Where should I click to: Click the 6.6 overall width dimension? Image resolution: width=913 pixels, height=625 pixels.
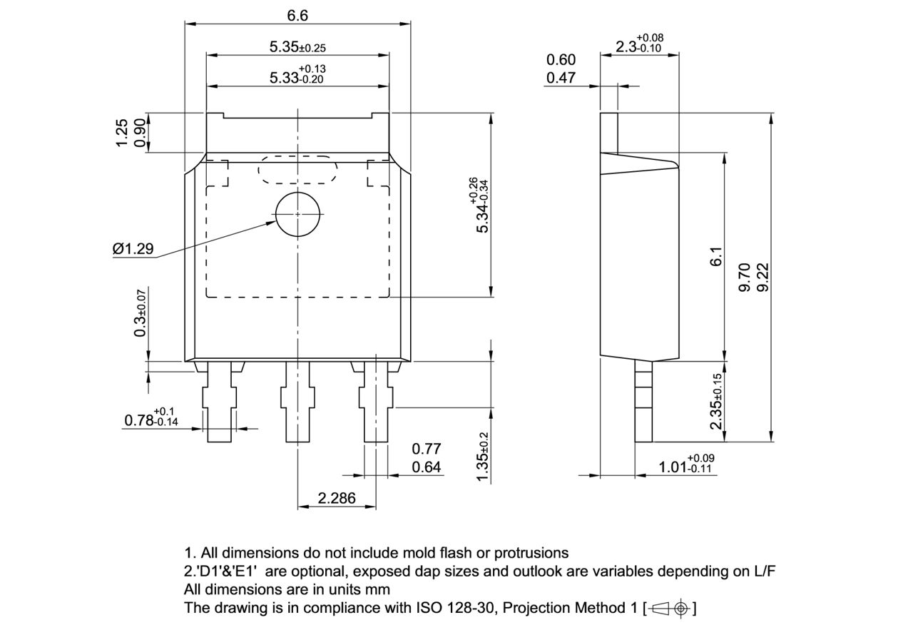click(x=297, y=15)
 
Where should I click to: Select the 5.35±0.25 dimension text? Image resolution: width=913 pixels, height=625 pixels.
click(x=297, y=47)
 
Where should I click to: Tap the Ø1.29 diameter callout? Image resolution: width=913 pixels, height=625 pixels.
click(x=133, y=249)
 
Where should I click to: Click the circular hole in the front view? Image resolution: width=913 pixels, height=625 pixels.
click(x=299, y=214)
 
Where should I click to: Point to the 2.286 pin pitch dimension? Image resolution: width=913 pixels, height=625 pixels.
click(x=337, y=498)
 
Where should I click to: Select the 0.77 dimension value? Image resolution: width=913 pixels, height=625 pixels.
click(x=427, y=449)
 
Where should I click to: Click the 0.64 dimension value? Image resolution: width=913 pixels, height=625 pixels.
click(x=427, y=467)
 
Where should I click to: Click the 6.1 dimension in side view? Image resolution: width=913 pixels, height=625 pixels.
click(x=716, y=257)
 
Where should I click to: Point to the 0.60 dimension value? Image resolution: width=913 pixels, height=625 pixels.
click(x=561, y=60)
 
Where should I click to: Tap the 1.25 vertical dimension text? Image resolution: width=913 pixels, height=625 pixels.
click(x=122, y=133)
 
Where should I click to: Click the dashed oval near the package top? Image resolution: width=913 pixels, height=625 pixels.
click(x=297, y=170)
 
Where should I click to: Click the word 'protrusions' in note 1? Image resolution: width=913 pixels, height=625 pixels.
click(x=531, y=553)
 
